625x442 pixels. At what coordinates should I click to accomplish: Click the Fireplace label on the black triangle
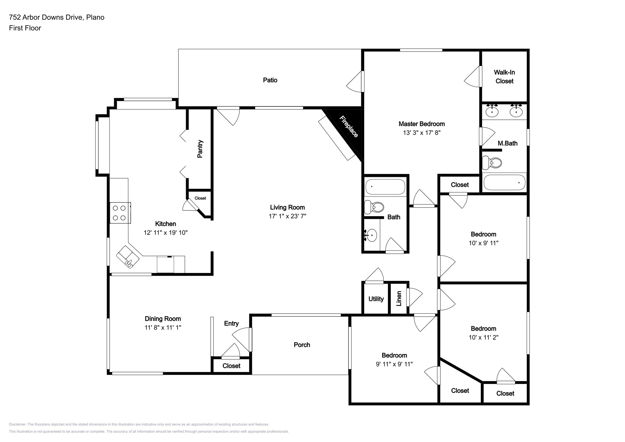[349, 127]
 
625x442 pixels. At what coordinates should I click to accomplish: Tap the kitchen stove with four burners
[120, 213]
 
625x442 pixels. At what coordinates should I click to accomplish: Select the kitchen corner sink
[128, 257]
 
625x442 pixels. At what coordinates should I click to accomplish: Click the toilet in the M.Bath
[492, 163]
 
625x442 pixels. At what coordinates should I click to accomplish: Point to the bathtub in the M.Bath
[504, 182]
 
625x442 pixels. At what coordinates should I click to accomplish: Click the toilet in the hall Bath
[374, 207]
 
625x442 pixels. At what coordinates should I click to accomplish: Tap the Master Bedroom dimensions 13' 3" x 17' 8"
[422, 133]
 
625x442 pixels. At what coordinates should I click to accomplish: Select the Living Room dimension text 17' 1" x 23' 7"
[287, 216]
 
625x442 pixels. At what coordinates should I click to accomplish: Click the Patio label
[270, 80]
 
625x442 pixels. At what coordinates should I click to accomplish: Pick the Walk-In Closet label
[504, 77]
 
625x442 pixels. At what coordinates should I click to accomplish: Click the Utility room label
[376, 299]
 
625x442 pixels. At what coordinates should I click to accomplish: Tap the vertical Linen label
[399, 299]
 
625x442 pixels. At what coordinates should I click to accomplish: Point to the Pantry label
[200, 149]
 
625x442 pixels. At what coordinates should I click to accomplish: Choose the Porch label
[302, 345]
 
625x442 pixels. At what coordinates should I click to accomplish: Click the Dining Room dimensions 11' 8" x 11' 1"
[163, 328]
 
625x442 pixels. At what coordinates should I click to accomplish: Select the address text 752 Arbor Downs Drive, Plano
[57, 17]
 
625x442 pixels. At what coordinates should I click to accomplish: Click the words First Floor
[25, 28]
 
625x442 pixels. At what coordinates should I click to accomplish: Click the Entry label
[231, 323]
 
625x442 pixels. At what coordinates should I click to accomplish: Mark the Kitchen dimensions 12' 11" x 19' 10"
[166, 233]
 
